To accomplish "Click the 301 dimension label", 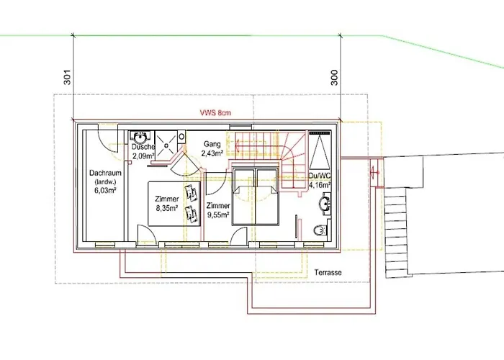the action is tap(67, 77).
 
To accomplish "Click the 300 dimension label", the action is tap(334, 78).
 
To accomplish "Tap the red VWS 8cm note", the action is tap(215, 113).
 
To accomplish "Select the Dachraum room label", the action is tap(105, 173).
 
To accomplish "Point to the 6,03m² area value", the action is tap(105, 190).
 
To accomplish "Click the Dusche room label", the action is tap(143, 147).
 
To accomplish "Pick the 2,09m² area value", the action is tap(144, 156).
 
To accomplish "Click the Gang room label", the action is tap(212, 144).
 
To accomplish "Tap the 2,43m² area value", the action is tap(212, 153).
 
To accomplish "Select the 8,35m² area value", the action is tap(167, 208).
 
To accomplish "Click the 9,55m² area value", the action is tap(218, 215).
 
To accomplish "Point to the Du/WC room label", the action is tap(320, 176).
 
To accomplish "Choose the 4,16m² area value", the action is tap(320, 185).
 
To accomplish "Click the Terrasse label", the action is tap(328, 273).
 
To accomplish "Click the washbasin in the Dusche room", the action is tap(140, 138).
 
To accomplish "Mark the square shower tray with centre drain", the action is tap(166, 144).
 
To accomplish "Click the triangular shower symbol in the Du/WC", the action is tap(320, 151).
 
